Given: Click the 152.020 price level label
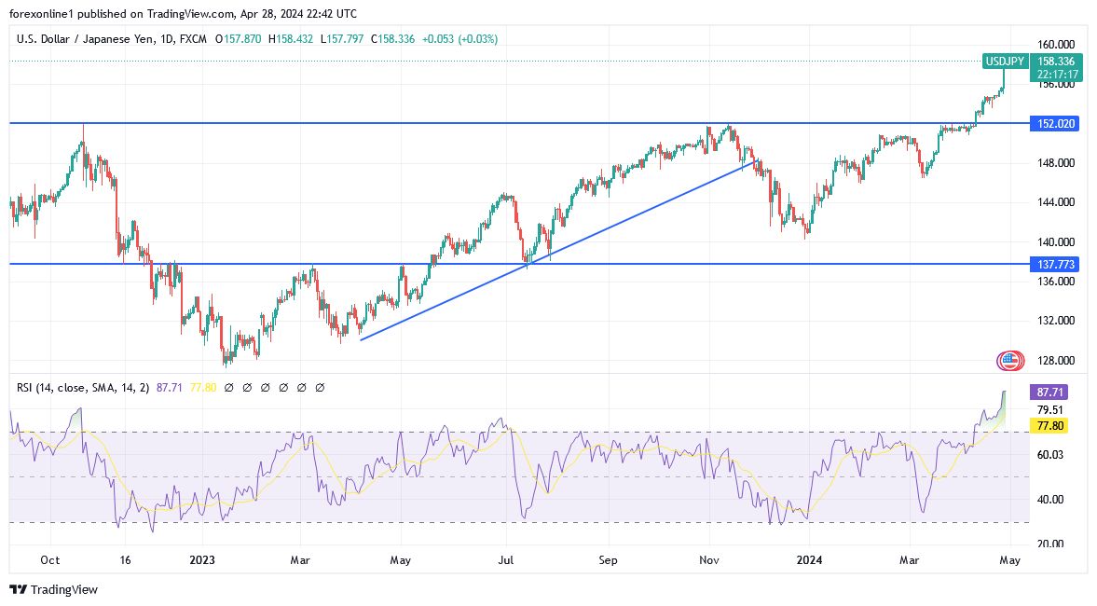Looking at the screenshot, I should coord(1054,123).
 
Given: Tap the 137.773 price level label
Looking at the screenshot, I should coord(1054,264).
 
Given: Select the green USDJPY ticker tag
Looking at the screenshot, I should coord(1006,62).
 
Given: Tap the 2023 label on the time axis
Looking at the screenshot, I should coord(201,560).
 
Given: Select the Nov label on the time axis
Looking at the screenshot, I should coord(709,560).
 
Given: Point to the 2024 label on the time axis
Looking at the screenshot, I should coord(808,560).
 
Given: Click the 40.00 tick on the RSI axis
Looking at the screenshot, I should coord(1050,499).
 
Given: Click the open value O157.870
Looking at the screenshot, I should coord(239,39).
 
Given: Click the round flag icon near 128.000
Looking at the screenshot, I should coord(1010,360).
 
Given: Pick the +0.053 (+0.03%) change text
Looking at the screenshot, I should coord(459,39).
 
